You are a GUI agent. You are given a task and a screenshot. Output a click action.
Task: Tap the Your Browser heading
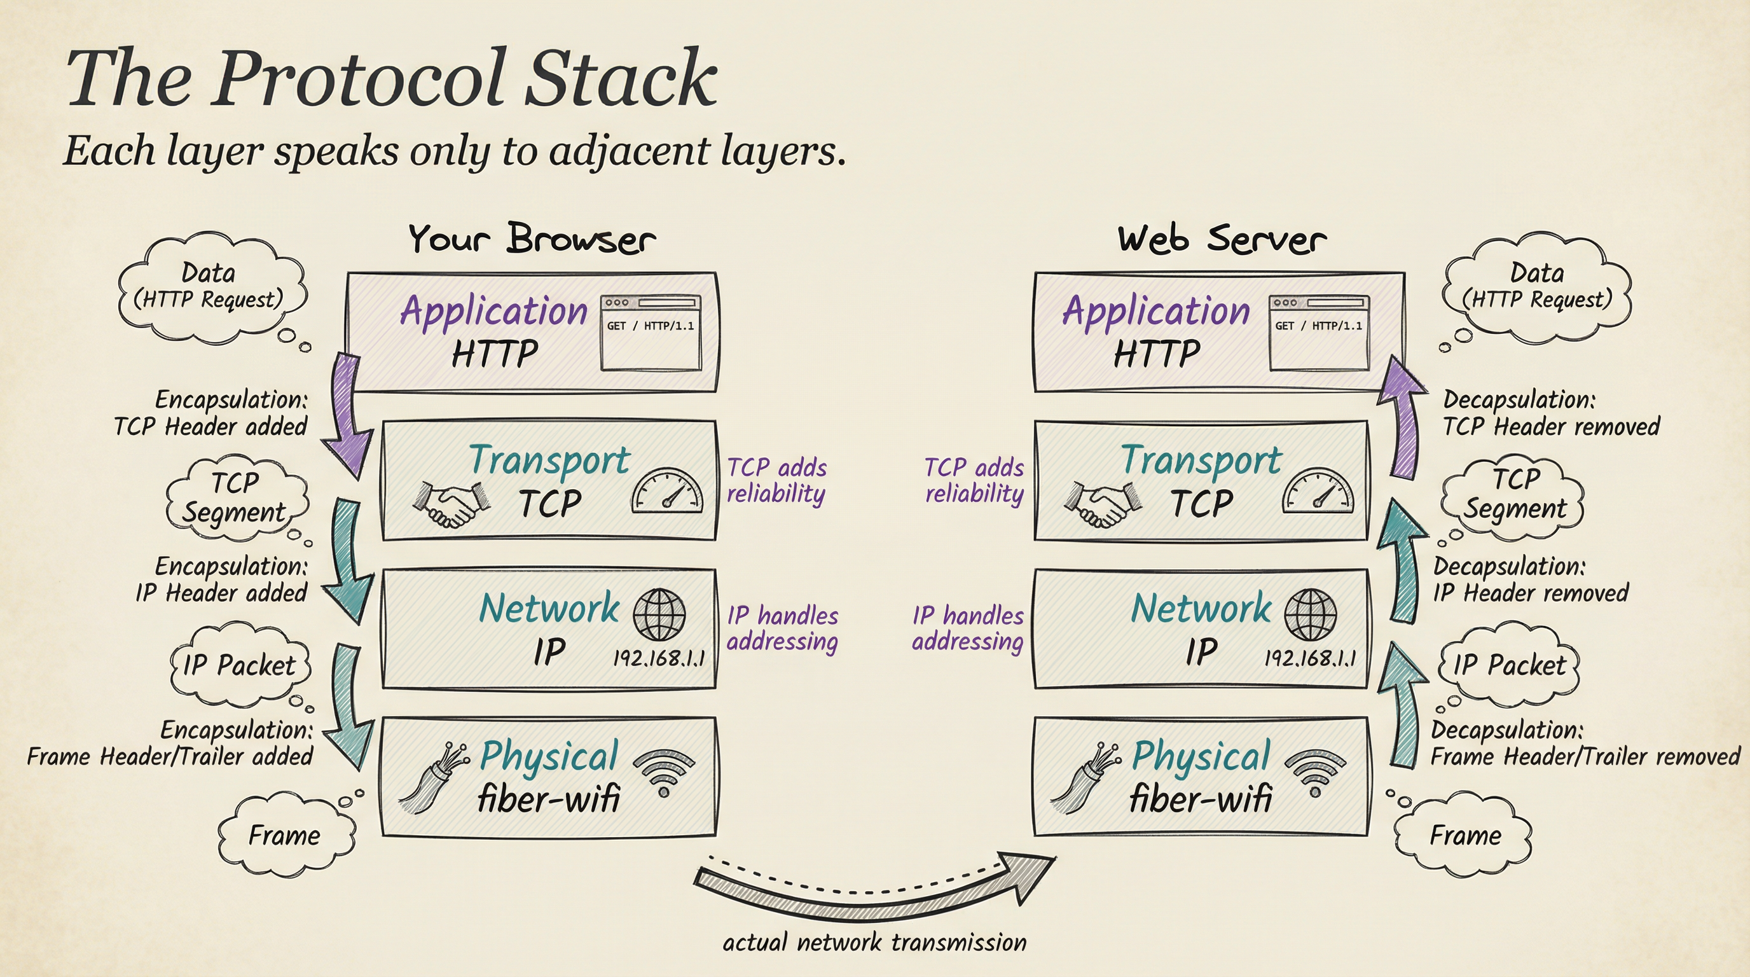[531, 239]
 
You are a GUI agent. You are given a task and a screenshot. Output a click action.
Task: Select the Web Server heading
[1222, 239]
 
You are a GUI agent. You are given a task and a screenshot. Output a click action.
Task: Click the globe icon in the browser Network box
[659, 614]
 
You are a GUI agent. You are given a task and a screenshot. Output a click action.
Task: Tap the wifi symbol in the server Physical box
[1315, 772]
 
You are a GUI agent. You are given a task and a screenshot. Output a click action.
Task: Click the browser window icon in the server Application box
[1319, 333]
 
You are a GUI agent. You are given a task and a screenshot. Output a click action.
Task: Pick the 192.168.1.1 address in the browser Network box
[659, 658]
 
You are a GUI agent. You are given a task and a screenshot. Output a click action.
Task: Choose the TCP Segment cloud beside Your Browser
[236, 498]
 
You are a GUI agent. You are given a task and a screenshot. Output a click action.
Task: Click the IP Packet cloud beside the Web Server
[1508, 665]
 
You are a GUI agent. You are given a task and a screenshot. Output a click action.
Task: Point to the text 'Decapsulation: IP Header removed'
[1530, 579]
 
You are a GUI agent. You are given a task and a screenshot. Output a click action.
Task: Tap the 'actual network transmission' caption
[874, 943]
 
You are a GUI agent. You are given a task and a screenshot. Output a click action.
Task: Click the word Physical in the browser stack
[549, 756]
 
